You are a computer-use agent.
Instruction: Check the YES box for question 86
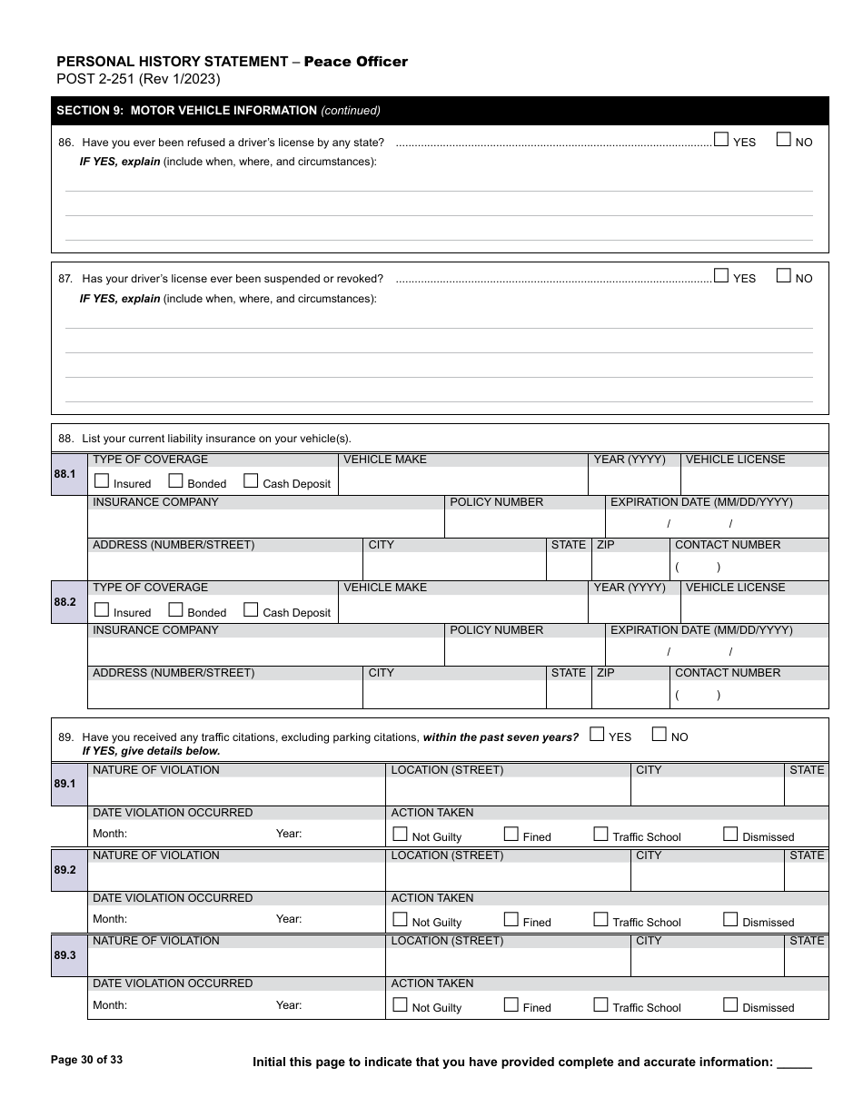tap(720, 140)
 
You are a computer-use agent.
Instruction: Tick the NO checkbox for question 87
tap(783, 276)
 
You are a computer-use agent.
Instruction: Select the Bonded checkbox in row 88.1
tap(176, 481)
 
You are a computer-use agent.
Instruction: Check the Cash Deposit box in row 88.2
tap(252, 610)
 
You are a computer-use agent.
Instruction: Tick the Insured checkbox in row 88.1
tap(102, 481)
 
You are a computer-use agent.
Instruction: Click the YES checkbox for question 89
tap(597, 735)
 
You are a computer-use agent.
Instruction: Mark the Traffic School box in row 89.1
tap(600, 835)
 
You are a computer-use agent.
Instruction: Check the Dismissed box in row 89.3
tap(730, 1005)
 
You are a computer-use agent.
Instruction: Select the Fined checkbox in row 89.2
tap(511, 920)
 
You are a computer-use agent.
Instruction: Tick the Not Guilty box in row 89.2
tap(400, 920)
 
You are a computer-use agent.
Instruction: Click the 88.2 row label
tap(68, 602)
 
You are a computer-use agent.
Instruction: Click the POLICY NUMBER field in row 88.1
tap(524, 523)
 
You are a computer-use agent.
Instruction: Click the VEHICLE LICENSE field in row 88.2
tap(754, 609)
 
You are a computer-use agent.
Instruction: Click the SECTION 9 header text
tap(218, 111)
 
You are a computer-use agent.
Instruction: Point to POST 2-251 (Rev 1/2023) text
tap(138, 79)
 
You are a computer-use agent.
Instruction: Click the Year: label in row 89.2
tap(289, 919)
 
